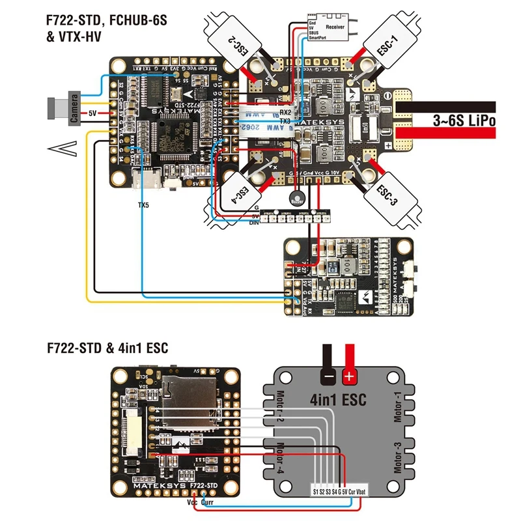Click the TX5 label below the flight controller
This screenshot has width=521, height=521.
coord(143,204)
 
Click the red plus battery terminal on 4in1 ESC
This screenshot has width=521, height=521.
coord(349,376)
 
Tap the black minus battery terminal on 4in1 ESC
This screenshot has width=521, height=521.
coord(329,376)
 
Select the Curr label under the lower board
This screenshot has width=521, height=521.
coord(208,503)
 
